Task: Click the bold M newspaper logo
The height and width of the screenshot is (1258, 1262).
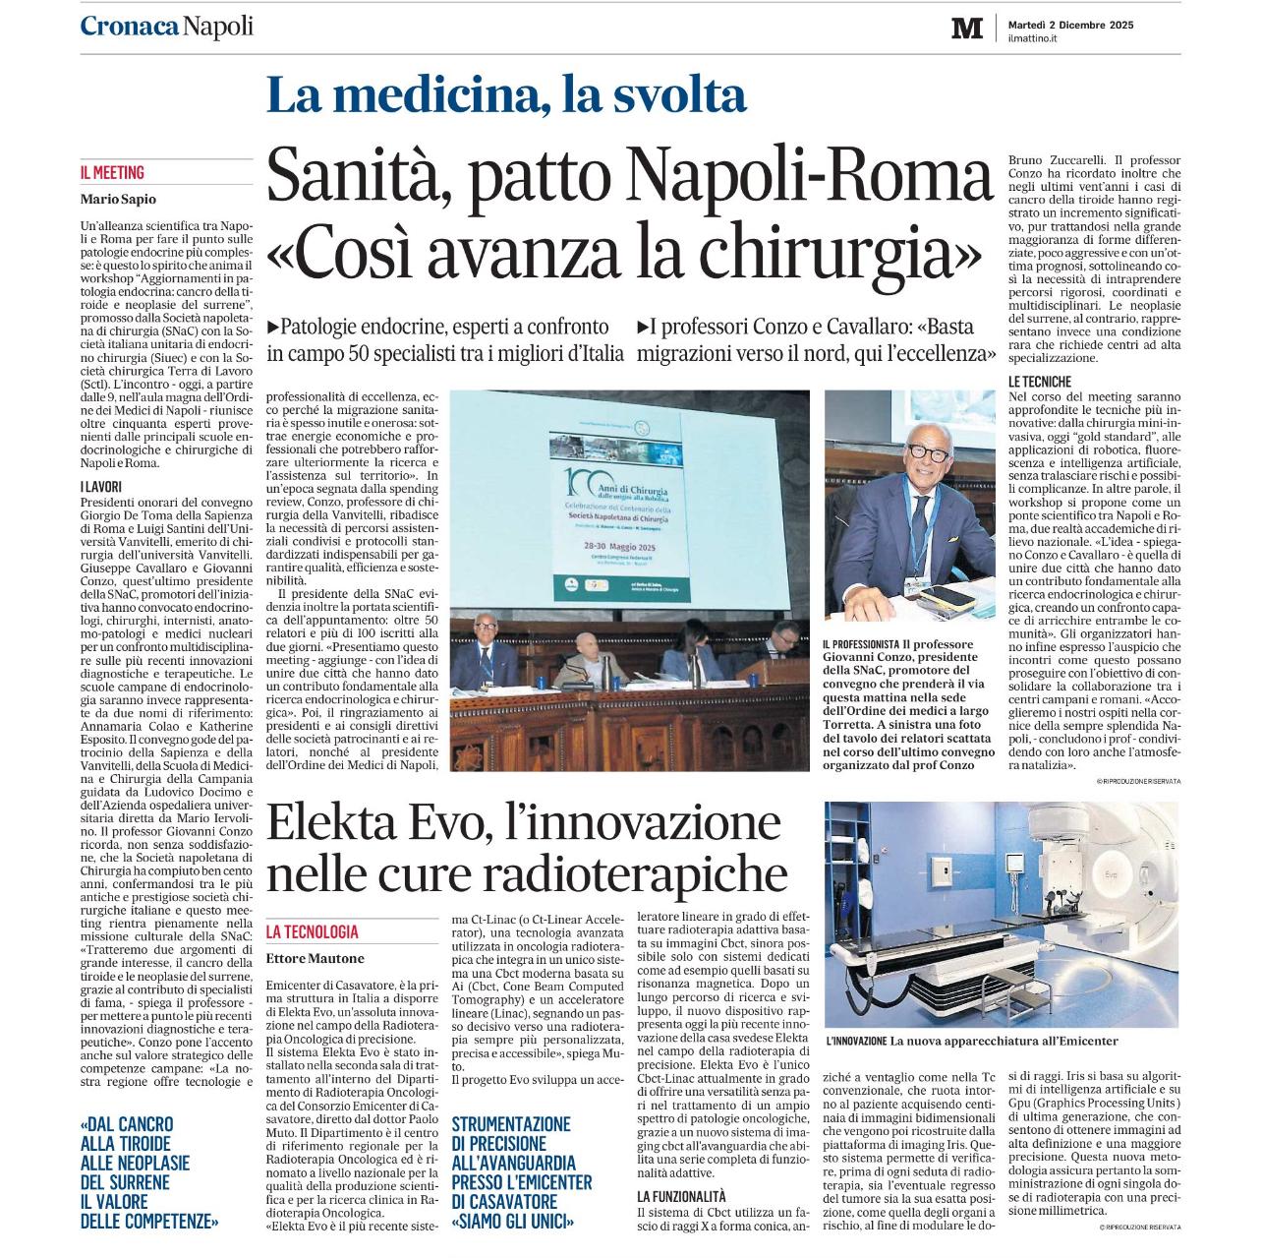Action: [x=966, y=29]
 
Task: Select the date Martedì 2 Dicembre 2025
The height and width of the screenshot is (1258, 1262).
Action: [x=1070, y=25]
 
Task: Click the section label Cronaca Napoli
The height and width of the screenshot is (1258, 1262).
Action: [x=166, y=27]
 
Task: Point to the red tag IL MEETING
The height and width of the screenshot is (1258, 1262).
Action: [x=112, y=173]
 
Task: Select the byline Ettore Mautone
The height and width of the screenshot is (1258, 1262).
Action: [x=315, y=958]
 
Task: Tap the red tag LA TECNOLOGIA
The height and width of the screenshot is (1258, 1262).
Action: [x=313, y=931]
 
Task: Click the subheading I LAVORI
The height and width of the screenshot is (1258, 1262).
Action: [x=101, y=486]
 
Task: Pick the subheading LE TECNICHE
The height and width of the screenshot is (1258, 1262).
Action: [x=1040, y=381]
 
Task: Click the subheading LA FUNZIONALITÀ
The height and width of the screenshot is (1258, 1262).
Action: [x=681, y=1197]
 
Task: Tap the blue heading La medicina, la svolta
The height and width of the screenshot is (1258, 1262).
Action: [x=506, y=95]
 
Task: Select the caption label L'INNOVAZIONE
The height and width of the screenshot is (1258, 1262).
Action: [x=856, y=1041]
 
